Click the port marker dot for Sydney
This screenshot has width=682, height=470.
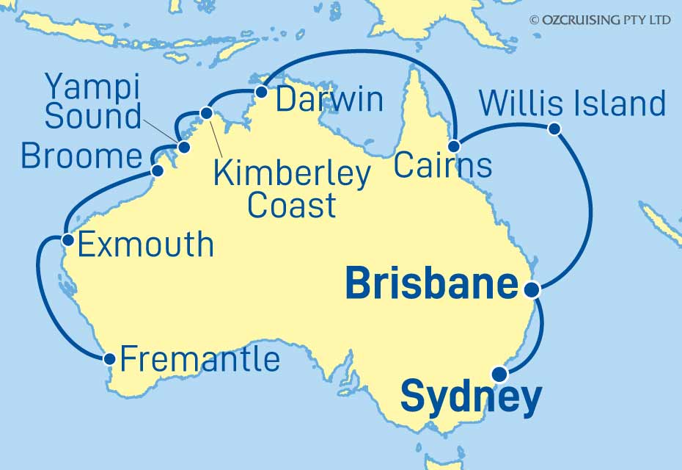point(500,374)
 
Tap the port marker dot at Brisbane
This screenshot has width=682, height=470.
point(535,290)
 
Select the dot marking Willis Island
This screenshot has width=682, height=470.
point(554,129)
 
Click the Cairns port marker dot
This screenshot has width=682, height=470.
point(455,145)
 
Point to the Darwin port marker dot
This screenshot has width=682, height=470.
point(260,93)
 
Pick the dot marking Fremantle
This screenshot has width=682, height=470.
point(109,359)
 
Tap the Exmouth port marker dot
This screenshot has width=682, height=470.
point(67,239)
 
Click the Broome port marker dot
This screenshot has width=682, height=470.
point(156,171)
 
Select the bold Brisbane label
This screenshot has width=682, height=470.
point(431,284)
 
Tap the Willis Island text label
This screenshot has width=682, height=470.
point(572,104)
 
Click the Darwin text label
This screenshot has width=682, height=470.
point(329,100)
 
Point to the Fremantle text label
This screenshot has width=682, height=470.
point(199,360)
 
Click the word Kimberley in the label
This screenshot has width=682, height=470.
point(291,175)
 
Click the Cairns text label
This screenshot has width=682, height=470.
point(441,165)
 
